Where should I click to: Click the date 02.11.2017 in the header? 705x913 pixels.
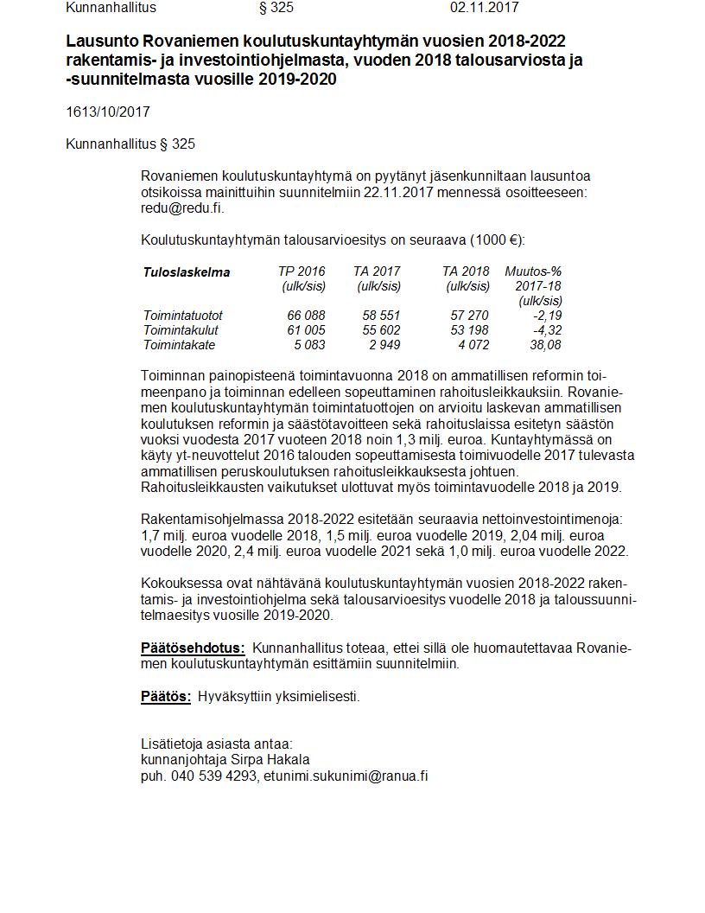click(x=484, y=8)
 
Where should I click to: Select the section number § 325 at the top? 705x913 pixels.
click(x=276, y=8)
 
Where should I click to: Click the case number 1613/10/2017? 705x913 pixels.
click(x=108, y=112)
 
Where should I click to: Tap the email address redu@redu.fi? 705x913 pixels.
click(x=182, y=208)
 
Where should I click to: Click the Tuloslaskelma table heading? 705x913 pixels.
click(x=187, y=272)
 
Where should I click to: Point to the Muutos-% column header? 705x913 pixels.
click(x=533, y=271)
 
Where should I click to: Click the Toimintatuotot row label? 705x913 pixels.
click(x=183, y=316)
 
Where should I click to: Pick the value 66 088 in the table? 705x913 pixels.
click(x=307, y=316)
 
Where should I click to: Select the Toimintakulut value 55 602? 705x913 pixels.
click(x=382, y=330)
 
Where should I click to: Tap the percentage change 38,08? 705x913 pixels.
click(x=546, y=345)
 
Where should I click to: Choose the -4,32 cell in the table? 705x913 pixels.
click(x=548, y=330)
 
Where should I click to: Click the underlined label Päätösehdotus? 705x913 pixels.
click(x=193, y=648)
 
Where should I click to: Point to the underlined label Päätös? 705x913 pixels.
click(x=166, y=696)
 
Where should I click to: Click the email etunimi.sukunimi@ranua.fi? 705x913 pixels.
click(x=346, y=776)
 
